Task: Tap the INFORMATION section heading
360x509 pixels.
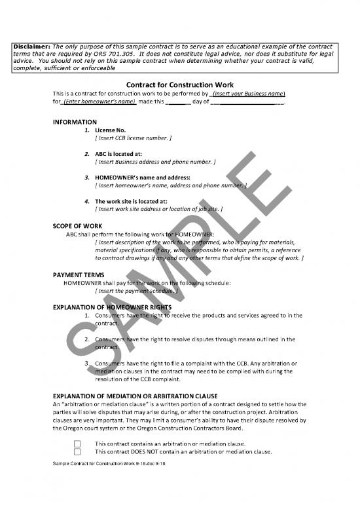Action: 75,123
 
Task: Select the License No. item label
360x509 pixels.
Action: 111,130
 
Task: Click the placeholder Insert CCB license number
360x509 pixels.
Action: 134,138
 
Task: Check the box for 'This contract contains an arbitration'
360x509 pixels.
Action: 77,443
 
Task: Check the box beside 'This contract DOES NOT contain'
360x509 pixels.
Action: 77,451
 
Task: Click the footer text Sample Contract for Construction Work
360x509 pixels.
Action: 91,464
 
